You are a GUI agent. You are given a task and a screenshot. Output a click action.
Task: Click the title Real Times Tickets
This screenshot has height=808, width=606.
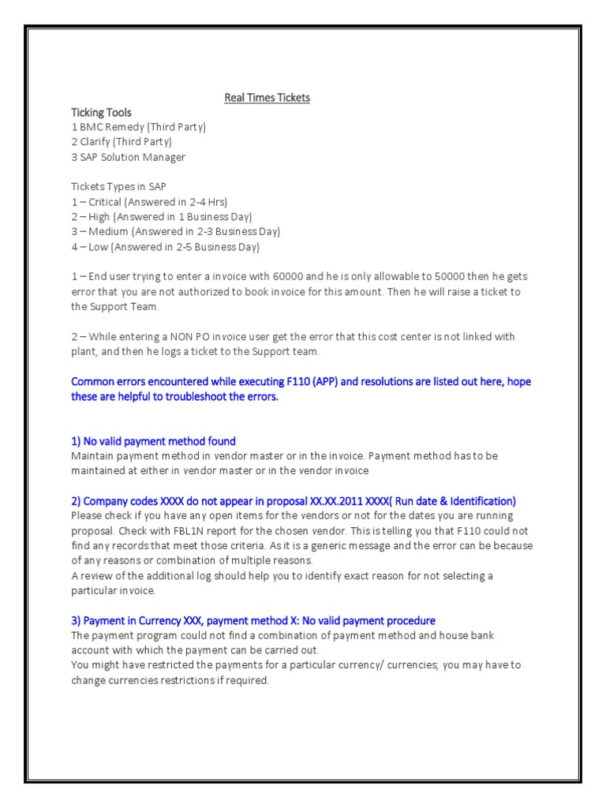(267, 98)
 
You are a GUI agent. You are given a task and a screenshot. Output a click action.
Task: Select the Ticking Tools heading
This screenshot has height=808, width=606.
(102, 113)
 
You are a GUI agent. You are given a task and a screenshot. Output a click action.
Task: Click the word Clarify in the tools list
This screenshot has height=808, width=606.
(95, 142)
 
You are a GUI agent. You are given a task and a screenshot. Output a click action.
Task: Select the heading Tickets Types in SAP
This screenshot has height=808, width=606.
(118, 187)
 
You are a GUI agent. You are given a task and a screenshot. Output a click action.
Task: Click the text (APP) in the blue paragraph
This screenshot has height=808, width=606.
(325, 382)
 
